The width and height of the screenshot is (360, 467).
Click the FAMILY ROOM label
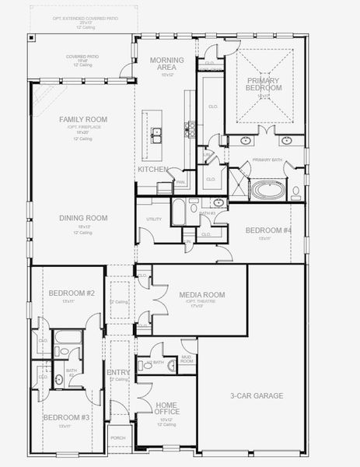point(83,119)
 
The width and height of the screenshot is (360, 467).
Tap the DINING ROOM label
point(83,218)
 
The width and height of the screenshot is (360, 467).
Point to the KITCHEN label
point(153,169)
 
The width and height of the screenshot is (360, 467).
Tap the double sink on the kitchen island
point(156,133)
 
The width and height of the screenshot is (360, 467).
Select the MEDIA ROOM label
point(201,295)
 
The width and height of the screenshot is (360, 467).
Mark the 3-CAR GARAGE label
point(256,396)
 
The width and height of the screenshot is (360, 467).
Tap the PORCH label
point(117,438)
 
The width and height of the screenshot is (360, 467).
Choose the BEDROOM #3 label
point(67,418)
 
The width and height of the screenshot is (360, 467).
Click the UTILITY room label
point(154,219)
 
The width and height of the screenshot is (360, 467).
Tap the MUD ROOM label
point(187,360)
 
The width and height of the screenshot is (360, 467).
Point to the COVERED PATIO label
point(82,57)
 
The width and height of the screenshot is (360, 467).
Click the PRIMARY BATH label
point(266,160)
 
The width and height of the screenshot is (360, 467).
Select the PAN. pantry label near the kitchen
point(180,183)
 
